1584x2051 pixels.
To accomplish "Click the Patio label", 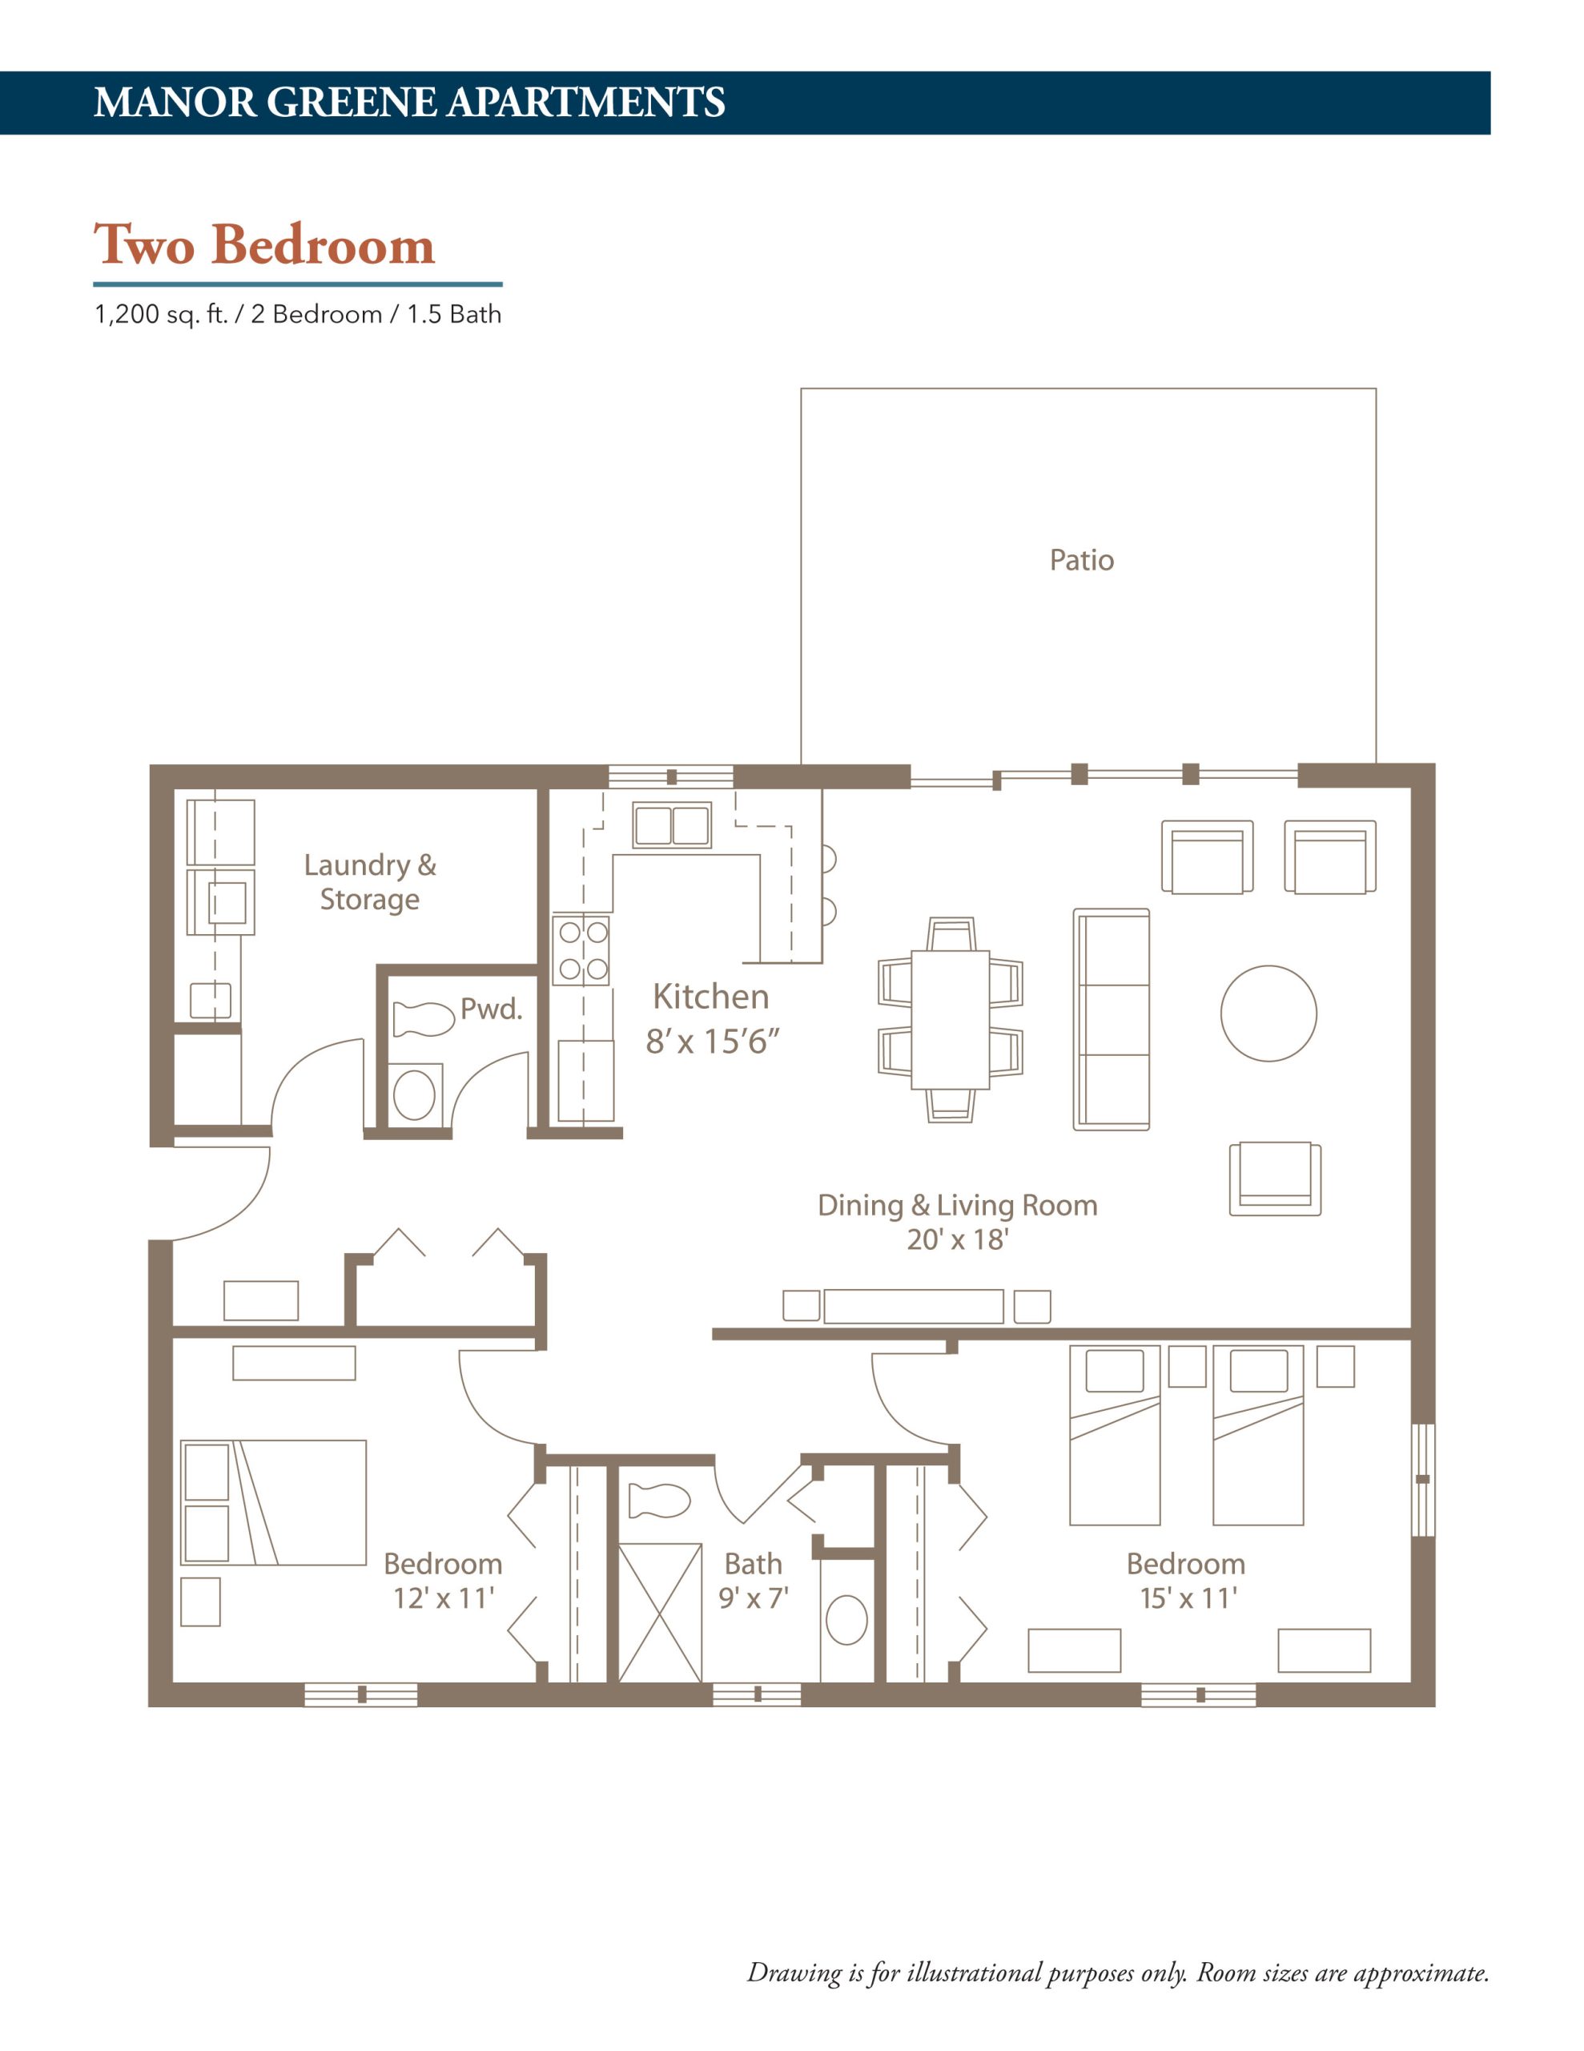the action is click(1081, 560).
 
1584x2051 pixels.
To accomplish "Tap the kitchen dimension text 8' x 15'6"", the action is click(712, 1042).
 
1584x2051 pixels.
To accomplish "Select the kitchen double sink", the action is click(671, 825).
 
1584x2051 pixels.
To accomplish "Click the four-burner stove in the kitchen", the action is click(581, 949).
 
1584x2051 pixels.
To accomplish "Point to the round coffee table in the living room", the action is click(1268, 1013).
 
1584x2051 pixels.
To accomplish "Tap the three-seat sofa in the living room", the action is click(1111, 1019).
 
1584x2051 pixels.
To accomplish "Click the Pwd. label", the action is click(490, 1009).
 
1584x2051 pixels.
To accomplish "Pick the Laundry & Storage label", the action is click(370, 882).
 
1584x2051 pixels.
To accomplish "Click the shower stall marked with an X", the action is click(659, 1613).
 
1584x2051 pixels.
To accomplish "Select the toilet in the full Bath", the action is click(659, 1500).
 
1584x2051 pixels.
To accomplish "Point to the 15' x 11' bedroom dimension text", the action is click(1188, 1598).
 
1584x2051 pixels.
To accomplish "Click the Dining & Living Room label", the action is click(957, 1205).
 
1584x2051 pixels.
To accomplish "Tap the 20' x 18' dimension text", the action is click(957, 1239).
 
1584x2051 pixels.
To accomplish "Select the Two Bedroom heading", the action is click(265, 245).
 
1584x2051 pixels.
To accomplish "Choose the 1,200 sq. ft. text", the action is click(162, 315).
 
